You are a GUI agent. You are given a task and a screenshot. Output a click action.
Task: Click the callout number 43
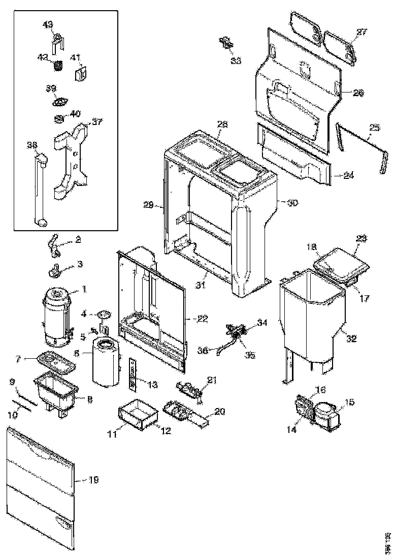coord(47,24)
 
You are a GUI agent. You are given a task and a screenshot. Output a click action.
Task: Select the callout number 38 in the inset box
coord(32,146)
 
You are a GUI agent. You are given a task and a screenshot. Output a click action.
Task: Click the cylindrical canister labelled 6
coord(106,362)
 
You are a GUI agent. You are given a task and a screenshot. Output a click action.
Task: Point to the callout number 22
coord(203,319)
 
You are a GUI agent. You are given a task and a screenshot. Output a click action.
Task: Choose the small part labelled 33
coord(225,43)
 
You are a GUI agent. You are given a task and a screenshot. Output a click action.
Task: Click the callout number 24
coord(348,176)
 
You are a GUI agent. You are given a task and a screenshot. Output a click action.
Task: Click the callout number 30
coord(292,203)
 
